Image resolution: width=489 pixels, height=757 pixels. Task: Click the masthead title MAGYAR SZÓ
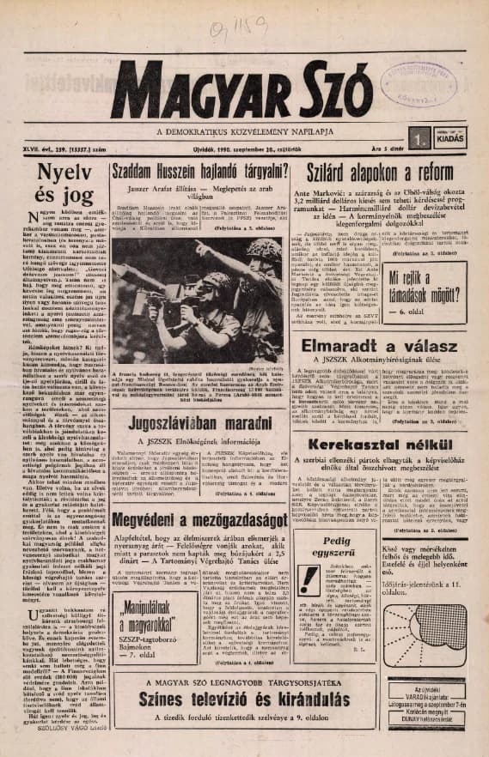coord(244,88)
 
